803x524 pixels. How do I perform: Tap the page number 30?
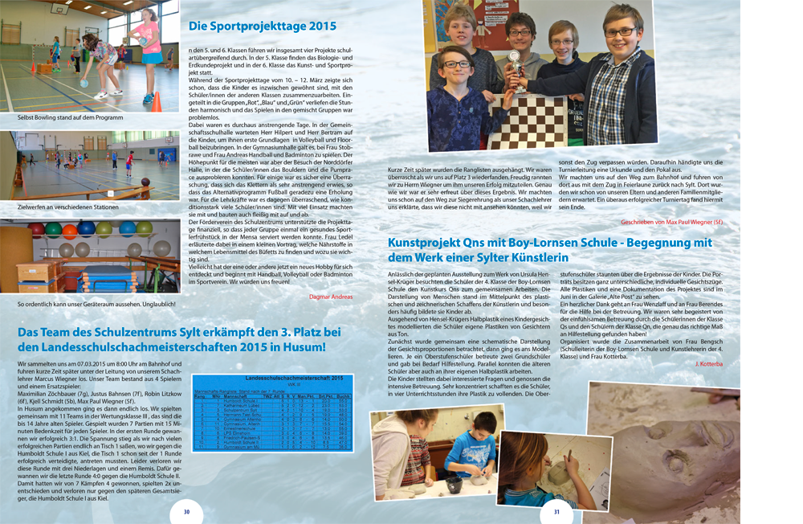point(186,512)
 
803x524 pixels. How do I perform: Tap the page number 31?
point(556,512)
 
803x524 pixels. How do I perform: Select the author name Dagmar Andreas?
point(332,297)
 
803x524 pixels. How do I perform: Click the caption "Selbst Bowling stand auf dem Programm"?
point(70,117)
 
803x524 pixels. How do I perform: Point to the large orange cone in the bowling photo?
point(157,101)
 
